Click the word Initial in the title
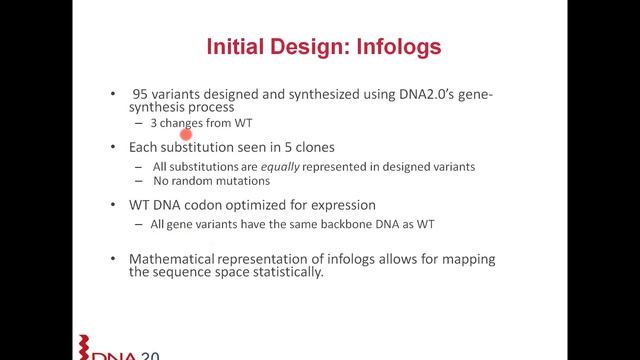point(236,46)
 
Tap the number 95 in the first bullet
point(141,93)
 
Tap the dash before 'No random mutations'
point(140,181)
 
